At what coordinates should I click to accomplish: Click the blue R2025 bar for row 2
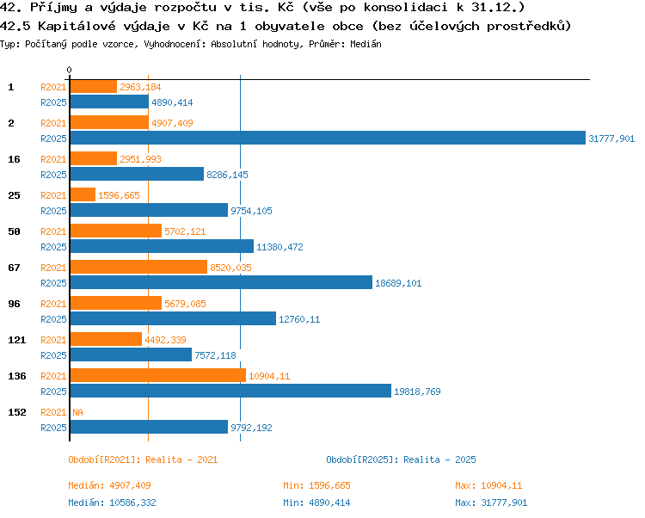pyautogui.click(x=328, y=138)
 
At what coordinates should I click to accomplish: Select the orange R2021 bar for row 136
pyautogui.click(x=158, y=375)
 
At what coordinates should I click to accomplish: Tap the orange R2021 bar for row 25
pyautogui.click(x=83, y=194)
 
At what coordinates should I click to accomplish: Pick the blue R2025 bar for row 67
pyautogui.click(x=221, y=282)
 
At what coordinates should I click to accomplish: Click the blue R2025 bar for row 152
pyautogui.click(x=149, y=427)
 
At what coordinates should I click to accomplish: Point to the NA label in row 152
pyautogui.click(x=77, y=412)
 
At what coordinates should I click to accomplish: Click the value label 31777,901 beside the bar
pyautogui.click(x=611, y=139)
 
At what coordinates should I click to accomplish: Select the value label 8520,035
pyautogui.click(x=230, y=268)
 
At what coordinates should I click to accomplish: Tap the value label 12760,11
pyautogui.click(x=299, y=319)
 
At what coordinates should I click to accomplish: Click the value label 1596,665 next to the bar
pyautogui.click(x=119, y=195)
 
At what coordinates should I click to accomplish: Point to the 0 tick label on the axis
pyautogui.click(x=69, y=70)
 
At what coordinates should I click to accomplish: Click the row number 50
pyautogui.click(x=14, y=231)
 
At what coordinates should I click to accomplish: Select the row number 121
pyautogui.click(x=17, y=340)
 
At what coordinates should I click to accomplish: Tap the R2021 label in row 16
pyautogui.click(x=53, y=159)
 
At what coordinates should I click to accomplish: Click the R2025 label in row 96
pyautogui.click(x=53, y=319)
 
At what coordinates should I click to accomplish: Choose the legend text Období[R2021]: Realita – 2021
pyautogui.click(x=143, y=459)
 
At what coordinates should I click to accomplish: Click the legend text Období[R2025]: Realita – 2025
pyautogui.click(x=401, y=459)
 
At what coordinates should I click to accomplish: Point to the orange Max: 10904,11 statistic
pyautogui.click(x=488, y=485)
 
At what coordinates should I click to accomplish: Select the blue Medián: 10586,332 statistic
pyautogui.click(x=113, y=503)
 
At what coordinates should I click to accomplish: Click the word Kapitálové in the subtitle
pyautogui.click(x=77, y=26)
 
